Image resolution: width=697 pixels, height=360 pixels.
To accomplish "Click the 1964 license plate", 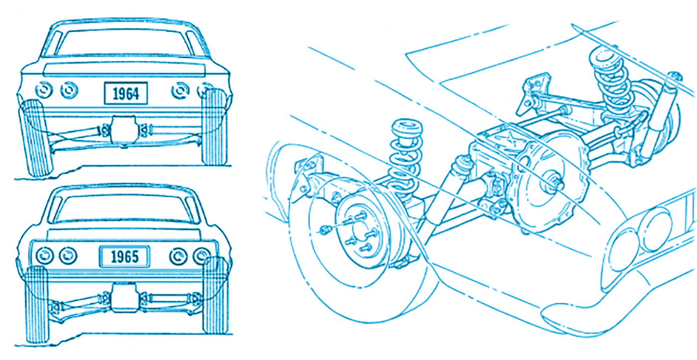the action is click(x=125, y=93).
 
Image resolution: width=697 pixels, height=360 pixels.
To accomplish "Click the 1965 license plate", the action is click(x=124, y=256).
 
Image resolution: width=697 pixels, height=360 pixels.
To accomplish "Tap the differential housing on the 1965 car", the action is click(x=124, y=297).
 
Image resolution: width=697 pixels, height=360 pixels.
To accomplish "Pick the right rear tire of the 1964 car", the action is click(x=215, y=127).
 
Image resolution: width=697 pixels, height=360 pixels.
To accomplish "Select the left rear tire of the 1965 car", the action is click(x=37, y=305).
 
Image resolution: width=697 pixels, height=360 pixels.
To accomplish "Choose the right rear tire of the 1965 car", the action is click(x=215, y=296).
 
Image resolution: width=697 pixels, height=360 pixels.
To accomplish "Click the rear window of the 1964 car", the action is click(x=124, y=43).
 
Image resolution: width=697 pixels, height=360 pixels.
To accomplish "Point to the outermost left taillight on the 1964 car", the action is click(x=44, y=90).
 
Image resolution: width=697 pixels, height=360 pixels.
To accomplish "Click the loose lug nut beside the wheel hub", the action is click(x=325, y=230).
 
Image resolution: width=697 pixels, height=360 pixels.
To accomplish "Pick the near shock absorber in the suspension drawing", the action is click(x=448, y=190).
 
